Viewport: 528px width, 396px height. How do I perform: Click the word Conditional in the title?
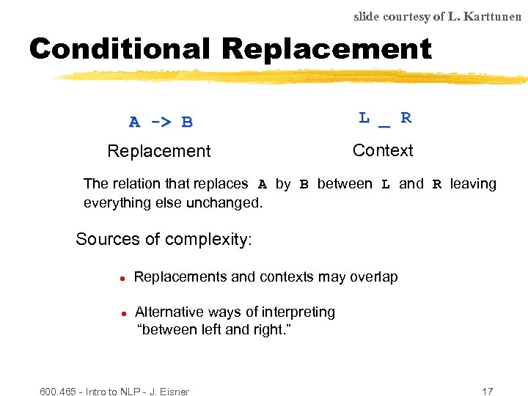pyautogui.click(x=120, y=49)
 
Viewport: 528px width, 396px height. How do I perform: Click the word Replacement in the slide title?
pyautogui.click(x=326, y=49)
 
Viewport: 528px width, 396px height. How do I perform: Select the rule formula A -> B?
pyautogui.click(x=161, y=122)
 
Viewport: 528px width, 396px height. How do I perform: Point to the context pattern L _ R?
pyautogui.click(x=385, y=117)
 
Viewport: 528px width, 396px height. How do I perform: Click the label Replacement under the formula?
pyautogui.click(x=158, y=151)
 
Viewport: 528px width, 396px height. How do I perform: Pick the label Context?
pyautogui.click(x=383, y=150)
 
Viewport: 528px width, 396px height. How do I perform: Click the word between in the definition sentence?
pyautogui.click(x=345, y=184)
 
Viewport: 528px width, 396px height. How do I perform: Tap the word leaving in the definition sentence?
pyautogui.click(x=473, y=184)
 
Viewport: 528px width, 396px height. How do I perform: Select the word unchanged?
pyautogui.click(x=227, y=202)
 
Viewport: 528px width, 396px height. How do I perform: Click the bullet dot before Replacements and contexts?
pyautogui.click(x=124, y=279)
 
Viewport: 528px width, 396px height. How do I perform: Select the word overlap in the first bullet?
pyautogui.click(x=374, y=276)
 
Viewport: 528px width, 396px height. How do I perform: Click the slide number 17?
pyautogui.click(x=488, y=392)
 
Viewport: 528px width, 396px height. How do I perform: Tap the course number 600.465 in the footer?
pyautogui.click(x=59, y=392)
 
